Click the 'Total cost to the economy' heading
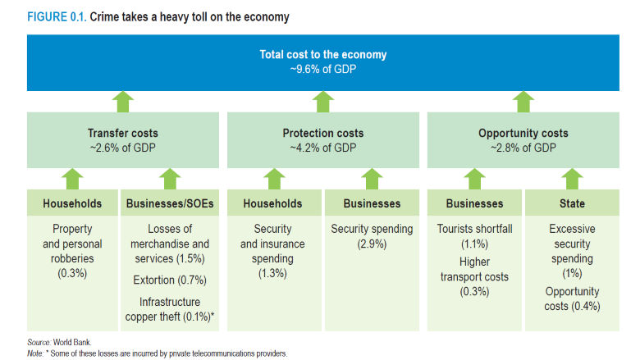(323, 55)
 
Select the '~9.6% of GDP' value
(323, 69)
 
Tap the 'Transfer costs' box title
(123, 133)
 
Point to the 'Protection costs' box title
(323, 133)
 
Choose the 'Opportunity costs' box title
(523, 133)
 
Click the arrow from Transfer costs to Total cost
(123, 102)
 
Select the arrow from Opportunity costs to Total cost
(523, 102)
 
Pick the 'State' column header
(572, 203)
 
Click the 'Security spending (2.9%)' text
(371, 237)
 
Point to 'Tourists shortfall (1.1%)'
(475, 237)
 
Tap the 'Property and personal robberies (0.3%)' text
(72, 244)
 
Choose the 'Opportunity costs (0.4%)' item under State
(572, 298)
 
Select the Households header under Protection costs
(274, 203)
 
